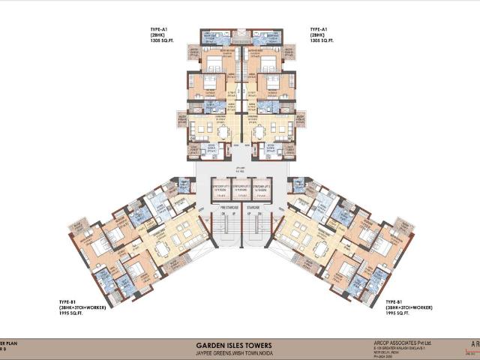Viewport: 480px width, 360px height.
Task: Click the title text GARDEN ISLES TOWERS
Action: pyautogui.click(x=240, y=337)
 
